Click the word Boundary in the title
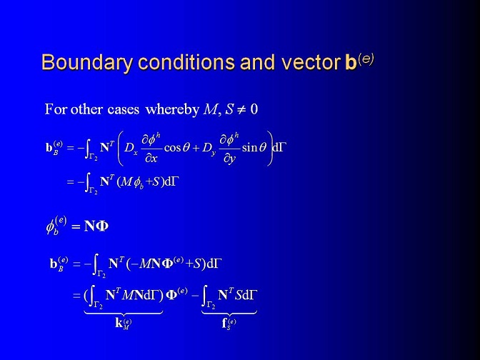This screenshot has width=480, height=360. [87, 62]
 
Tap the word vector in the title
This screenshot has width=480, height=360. [310, 62]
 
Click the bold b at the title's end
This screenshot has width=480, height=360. [350, 62]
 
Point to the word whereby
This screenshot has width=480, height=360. [172, 109]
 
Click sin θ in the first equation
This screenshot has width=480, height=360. [254, 148]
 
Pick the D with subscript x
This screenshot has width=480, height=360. [131, 149]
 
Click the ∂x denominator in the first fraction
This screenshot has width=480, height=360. [151, 159]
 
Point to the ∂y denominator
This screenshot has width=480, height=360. [229, 159]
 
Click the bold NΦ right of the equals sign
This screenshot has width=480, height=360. [96, 226]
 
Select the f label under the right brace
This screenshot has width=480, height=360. [229, 324]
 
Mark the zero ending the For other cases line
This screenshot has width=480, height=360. [254, 109]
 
